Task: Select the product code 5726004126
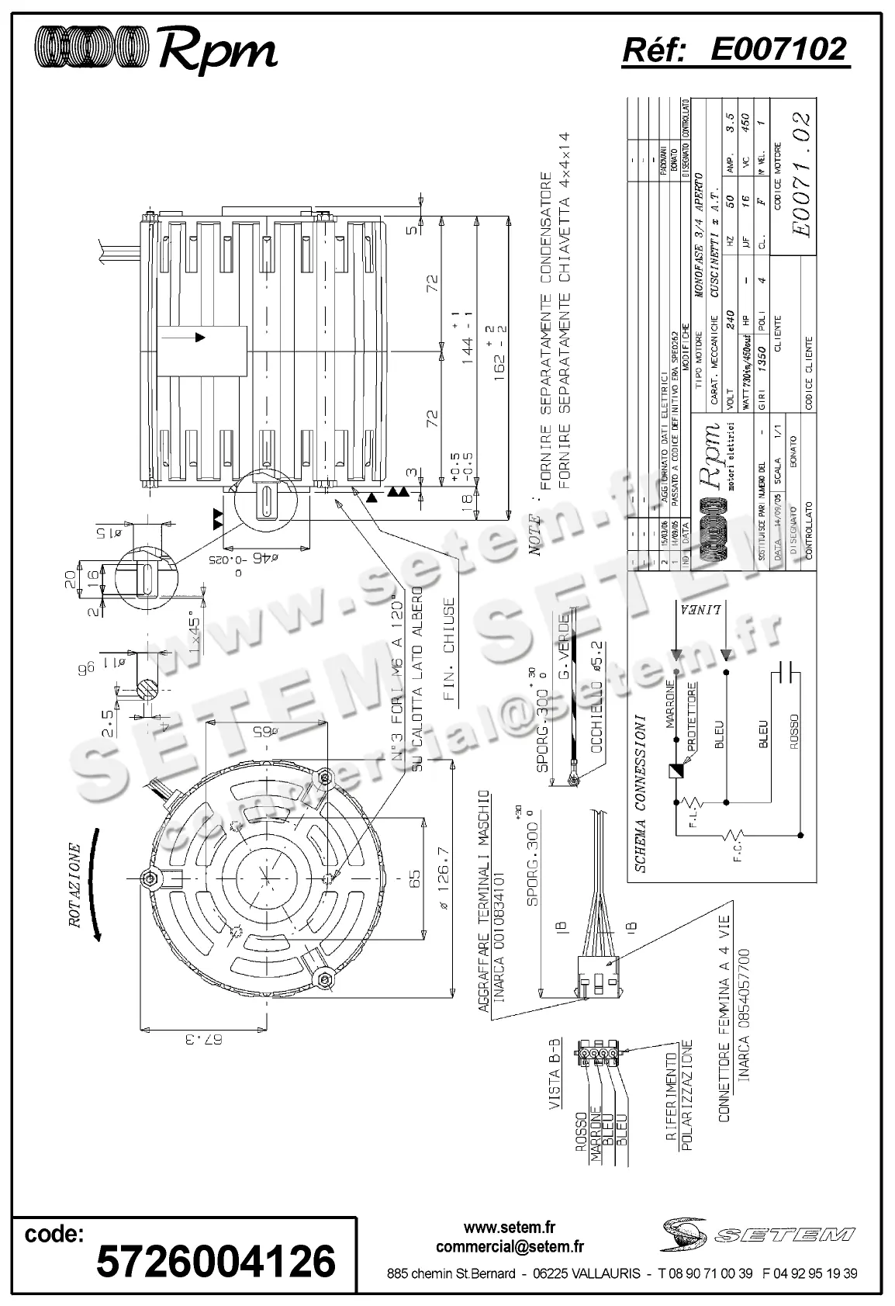coord(216,1259)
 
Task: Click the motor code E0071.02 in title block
coord(802,175)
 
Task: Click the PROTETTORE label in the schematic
coord(691,716)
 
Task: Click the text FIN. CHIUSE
coord(449,650)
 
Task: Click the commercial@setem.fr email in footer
coord(510,1247)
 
